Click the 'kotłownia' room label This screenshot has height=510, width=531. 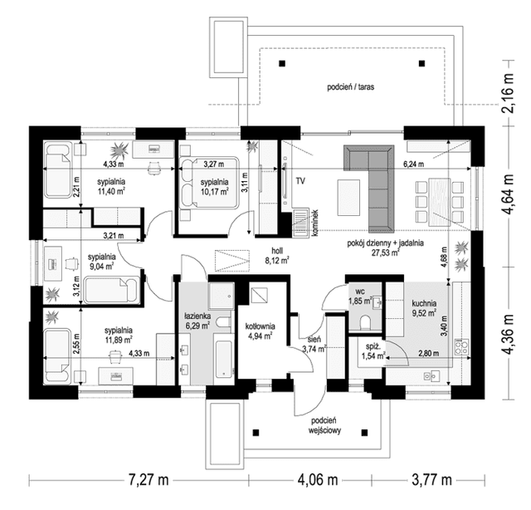pyautogui.click(x=260, y=326)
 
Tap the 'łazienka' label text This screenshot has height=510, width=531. pyautogui.click(x=197, y=316)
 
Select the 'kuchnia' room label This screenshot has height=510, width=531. pyautogui.click(x=424, y=304)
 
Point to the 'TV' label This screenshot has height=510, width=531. pyautogui.click(x=300, y=181)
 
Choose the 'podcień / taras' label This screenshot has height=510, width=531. pyautogui.click(x=350, y=87)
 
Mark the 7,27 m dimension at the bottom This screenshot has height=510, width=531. pyautogui.click(x=149, y=480)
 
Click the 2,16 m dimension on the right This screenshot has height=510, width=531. pyautogui.click(x=509, y=93)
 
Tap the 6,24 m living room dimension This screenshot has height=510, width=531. pyautogui.click(x=413, y=164)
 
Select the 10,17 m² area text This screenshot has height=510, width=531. pyautogui.click(x=214, y=192)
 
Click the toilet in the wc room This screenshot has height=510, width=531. pyautogui.click(x=365, y=322)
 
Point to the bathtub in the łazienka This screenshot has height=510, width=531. pyautogui.click(x=224, y=359)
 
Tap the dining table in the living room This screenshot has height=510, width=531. pyautogui.click(x=439, y=201)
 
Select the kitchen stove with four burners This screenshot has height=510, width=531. pyautogui.click(x=462, y=347)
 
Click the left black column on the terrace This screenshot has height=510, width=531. pyautogui.click(x=282, y=63)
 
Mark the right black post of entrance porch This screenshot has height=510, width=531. pyautogui.click(x=365, y=433)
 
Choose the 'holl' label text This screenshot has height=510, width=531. pyautogui.click(x=277, y=251)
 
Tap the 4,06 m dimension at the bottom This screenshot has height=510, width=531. pyautogui.click(x=318, y=480)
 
